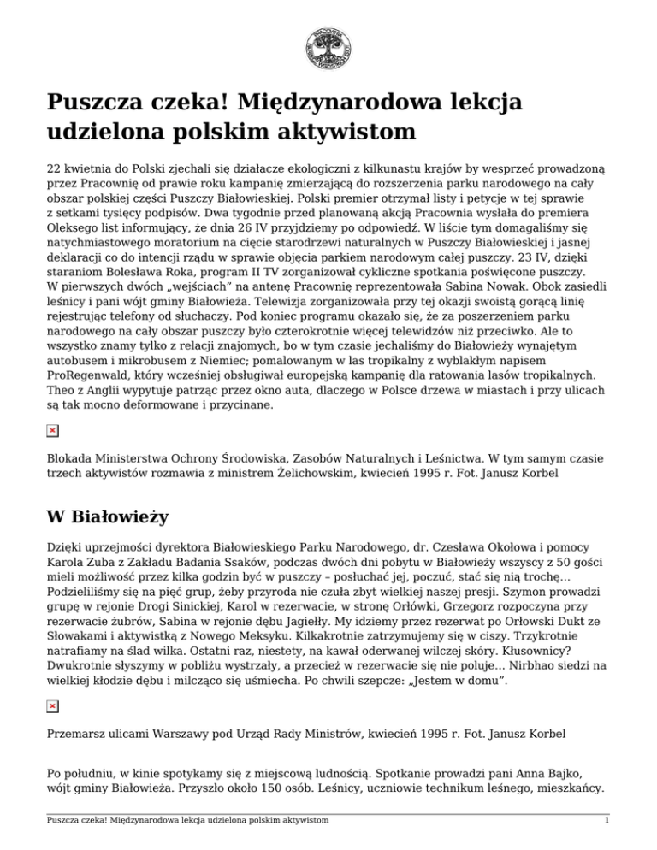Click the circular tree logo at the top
(x=328, y=48)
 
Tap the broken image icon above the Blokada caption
(x=52, y=430)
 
